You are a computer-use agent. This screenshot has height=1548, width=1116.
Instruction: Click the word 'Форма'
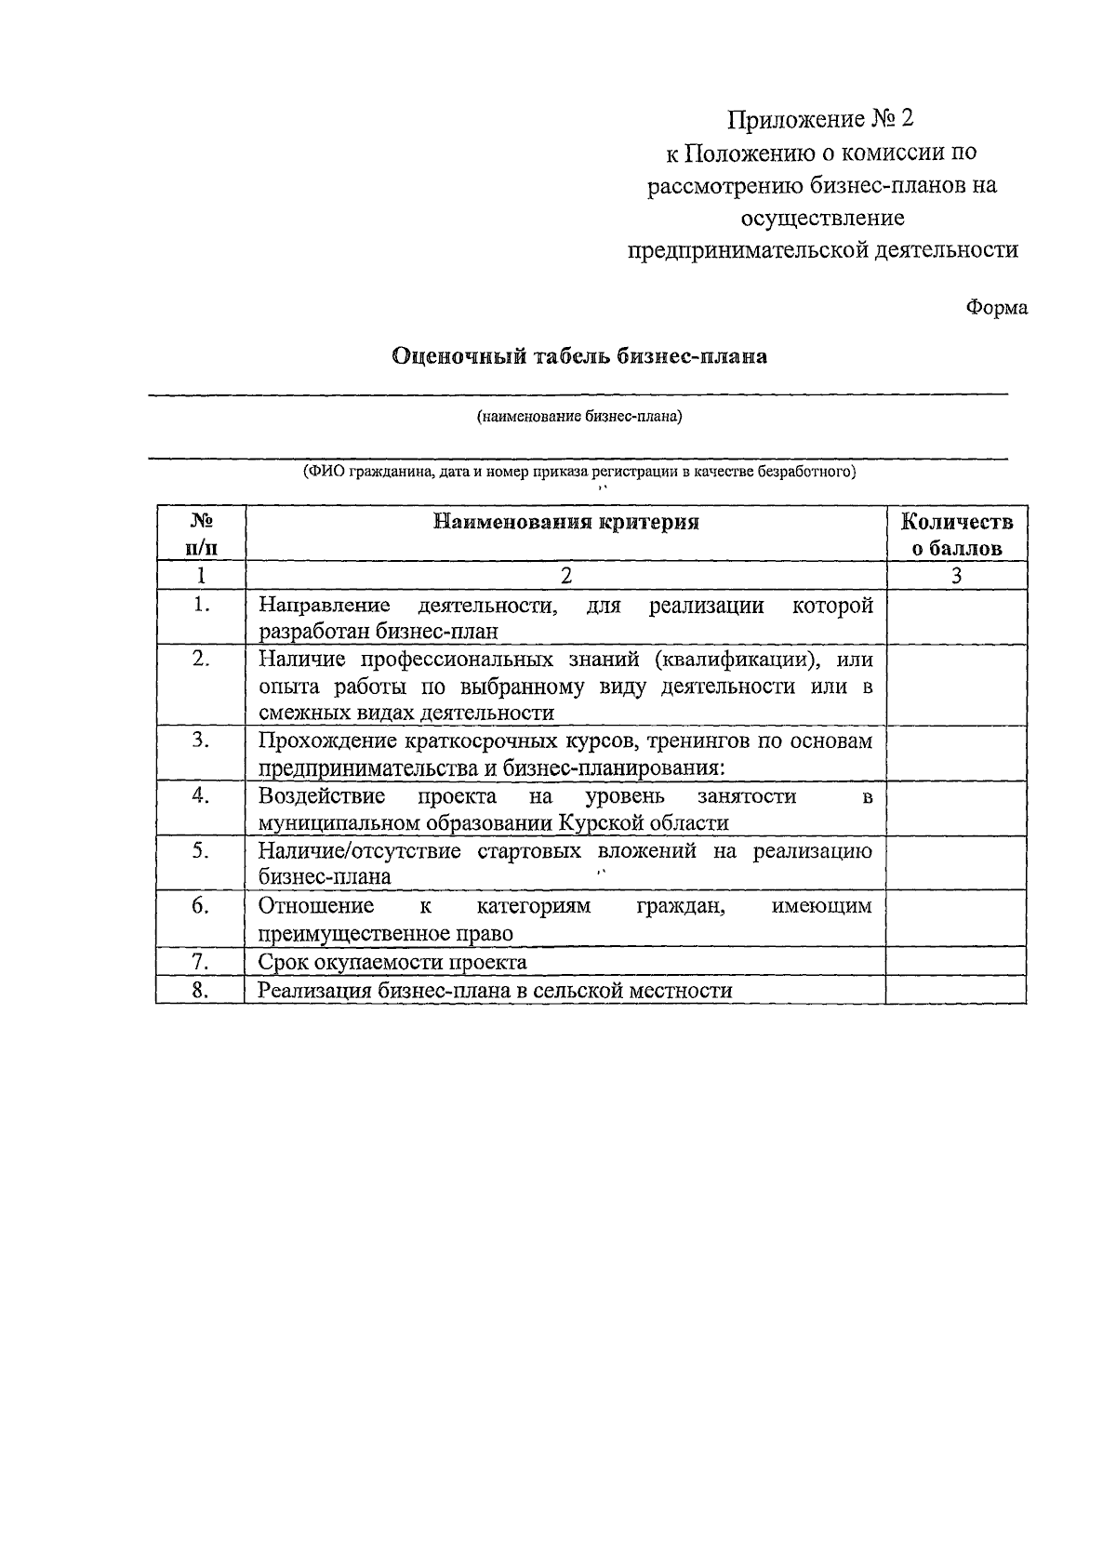coord(997,307)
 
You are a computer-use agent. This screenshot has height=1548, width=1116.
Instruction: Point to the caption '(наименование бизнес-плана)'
coord(579,417)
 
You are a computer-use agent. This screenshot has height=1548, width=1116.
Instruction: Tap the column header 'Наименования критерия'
coord(566,522)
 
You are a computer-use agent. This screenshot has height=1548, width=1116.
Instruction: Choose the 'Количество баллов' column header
coord(956,534)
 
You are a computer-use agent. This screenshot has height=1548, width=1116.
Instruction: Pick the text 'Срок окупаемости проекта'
coord(392,962)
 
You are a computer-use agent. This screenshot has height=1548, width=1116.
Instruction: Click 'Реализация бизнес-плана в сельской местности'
coord(495,990)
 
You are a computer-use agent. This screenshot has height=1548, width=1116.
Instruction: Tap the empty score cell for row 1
coord(956,618)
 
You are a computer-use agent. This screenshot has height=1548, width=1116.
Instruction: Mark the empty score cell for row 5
coord(956,863)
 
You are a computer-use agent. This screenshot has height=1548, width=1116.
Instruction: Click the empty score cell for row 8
coord(956,990)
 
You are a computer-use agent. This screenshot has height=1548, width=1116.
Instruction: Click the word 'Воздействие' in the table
coord(322,796)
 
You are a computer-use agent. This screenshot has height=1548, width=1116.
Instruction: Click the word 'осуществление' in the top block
coord(821,218)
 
